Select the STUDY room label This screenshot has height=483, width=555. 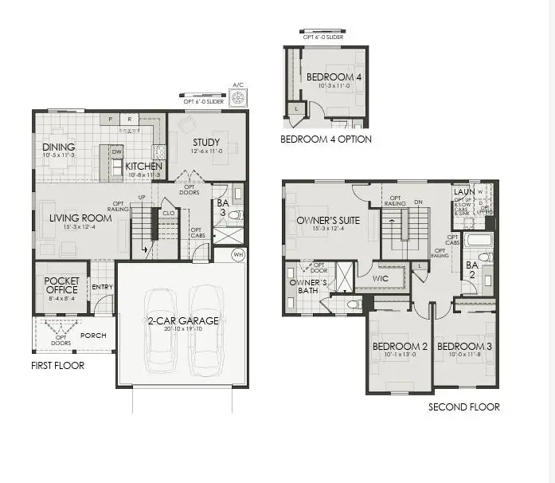[x=205, y=143]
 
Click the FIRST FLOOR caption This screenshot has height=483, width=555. [x=58, y=366]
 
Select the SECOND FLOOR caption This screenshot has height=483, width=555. [x=464, y=407]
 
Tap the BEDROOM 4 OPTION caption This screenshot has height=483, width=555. [x=326, y=139]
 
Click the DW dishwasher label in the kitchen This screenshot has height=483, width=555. [x=116, y=151]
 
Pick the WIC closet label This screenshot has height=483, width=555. [x=381, y=278]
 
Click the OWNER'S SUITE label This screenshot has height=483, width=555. [x=328, y=220]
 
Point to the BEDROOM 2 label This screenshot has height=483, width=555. [x=401, y=346]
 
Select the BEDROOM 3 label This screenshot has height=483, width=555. [x=464, y=346]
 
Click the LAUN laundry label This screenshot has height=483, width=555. [x=463, y=192]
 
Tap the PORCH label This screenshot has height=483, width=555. [x=93, y=336]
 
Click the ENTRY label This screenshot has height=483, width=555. [x=102, y=287]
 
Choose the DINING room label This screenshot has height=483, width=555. [x=59, y=147]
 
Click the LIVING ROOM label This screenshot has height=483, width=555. [x=80, y=218]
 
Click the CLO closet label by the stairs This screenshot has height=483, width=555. [x=168, y=213]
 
